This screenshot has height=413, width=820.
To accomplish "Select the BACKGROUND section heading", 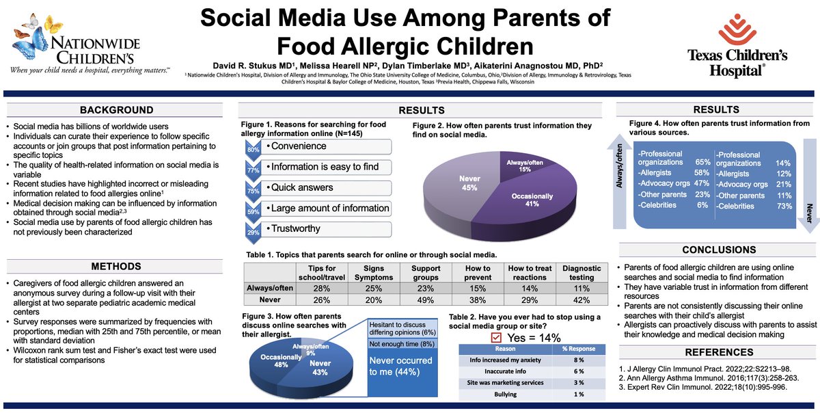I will tap(116, 110).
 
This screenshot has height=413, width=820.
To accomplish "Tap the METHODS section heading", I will tap(116, 265).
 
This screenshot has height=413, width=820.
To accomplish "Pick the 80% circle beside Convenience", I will tap(252, 149).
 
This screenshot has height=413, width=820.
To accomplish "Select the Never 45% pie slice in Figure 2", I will tap(452, 183).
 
